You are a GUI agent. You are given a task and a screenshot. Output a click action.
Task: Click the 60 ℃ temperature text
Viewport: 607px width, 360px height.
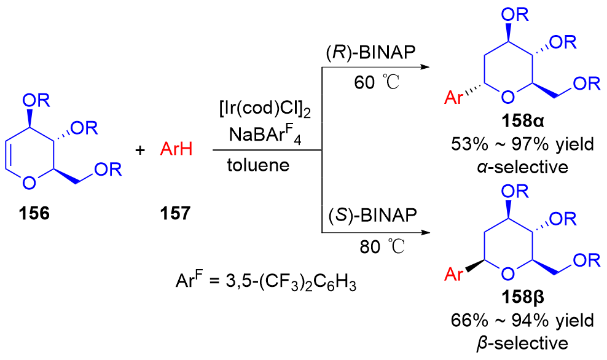point(372,82)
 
